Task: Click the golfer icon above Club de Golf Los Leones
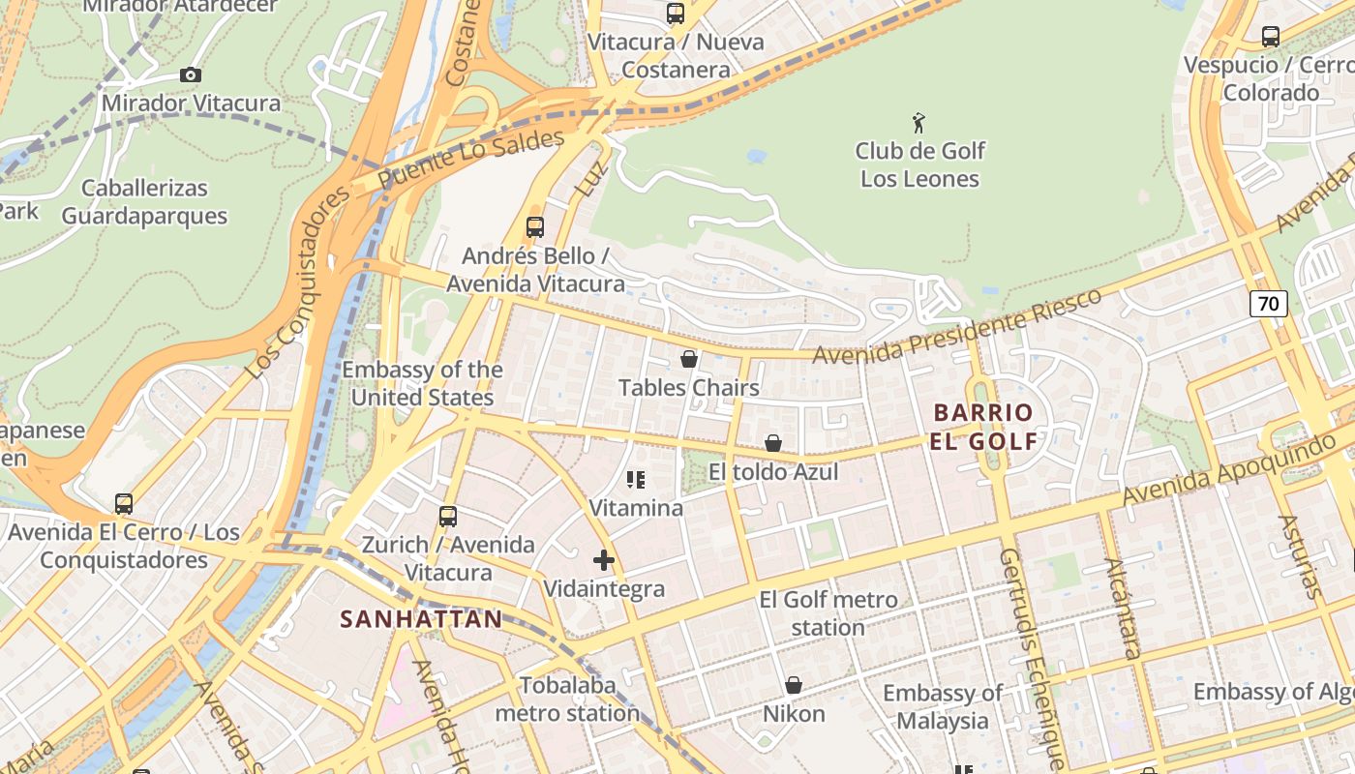pyautogui.click(x=918, y=123)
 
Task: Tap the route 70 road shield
pyautogui.click(x=1268, y=304)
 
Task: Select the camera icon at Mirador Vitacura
pyautogui.click(x=191, y=75)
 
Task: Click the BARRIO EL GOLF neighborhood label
pyautogui.click(x=983, y=427)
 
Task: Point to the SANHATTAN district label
pyautogui.click(x=421, y=618)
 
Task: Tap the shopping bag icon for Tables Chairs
pyautogui.click(x=689, y=360)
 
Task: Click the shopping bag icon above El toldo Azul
pyautogui.click(x=773, y=443)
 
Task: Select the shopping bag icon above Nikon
pyautogui.click(x=794, y=685)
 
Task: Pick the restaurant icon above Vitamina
pyautogui.click(x=636, y=480)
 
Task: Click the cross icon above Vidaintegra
pyautogui.click(x=604, y=560)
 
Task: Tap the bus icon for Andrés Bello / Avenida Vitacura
pyautogui.click(x=535, y=227)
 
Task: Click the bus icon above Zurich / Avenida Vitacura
pyautogui.click(x=447, y=517)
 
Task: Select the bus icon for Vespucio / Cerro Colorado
pyautogui.click(x=1271, y=37)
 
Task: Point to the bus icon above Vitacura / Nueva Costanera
pyautogui.click(x=676, y=14)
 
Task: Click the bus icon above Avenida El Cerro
pyautogui.click(x=124, y=504)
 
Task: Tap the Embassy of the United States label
pyautogui.click(x=422, y=383)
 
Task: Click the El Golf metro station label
pyautogui.click(x=828, y=613)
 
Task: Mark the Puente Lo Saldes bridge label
pyautogui.click(x=470, y=160)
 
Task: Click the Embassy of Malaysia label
pyautogui.click(x=942, y=706)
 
